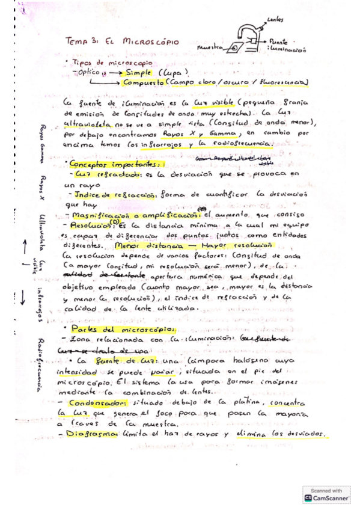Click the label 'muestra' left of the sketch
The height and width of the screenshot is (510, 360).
tap(210, 46)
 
